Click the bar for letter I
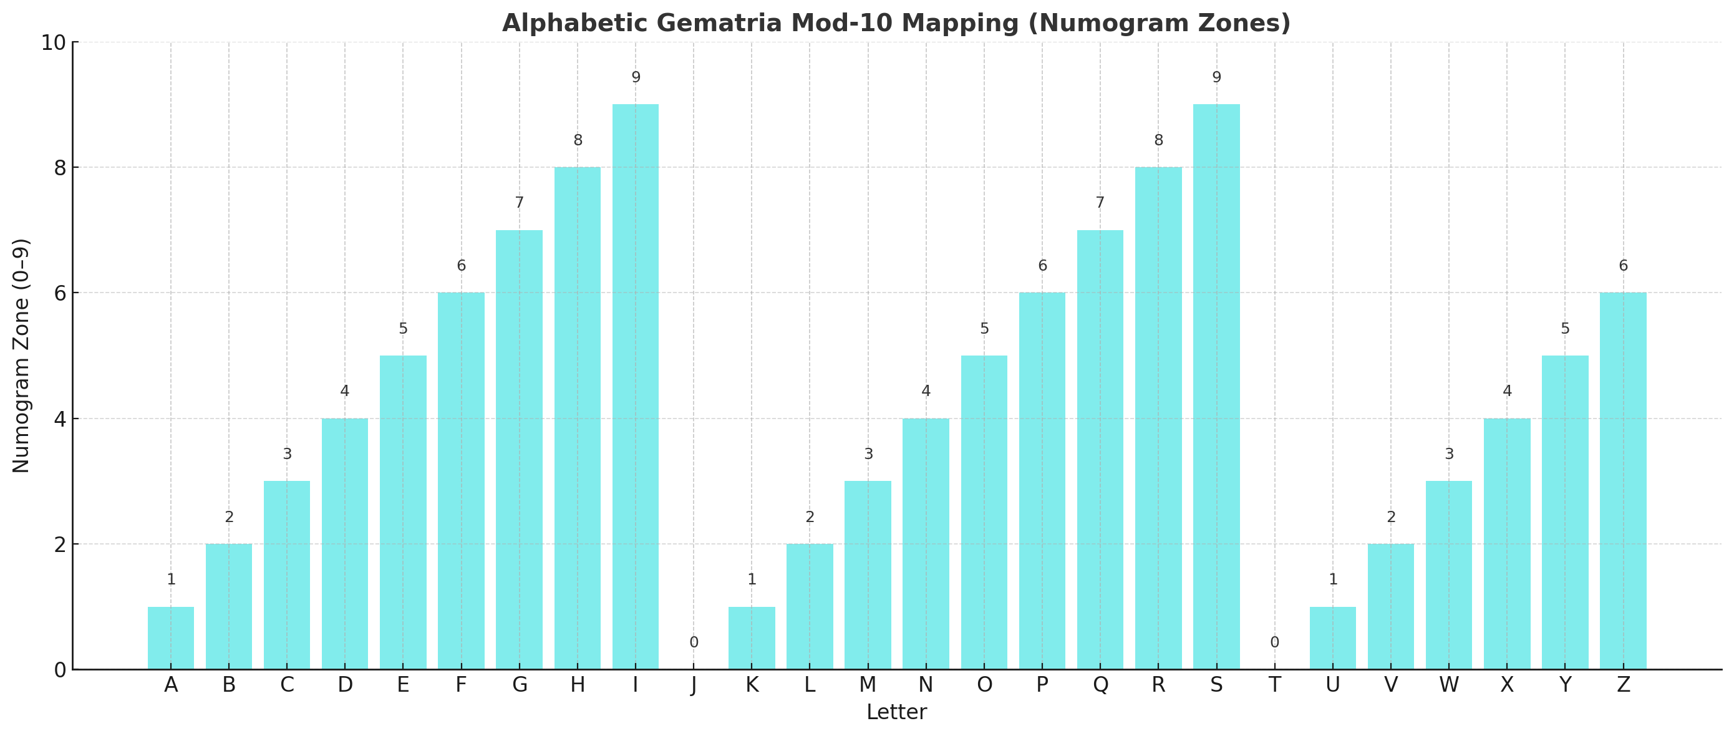coord(635,387)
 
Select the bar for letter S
coord(1216,387)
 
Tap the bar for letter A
coord(171,637)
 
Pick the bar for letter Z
coord(1623,481)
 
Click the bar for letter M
coord(868,575)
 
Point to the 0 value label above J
coord(694,643)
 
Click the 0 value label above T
coord(1274,643)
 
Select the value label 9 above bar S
coord(1216,78)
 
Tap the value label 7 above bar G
coord(519,203)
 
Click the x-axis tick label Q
coord(1100,685)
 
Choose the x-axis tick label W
coord(1448,685)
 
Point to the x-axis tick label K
coord(752,685)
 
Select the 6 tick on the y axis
coord(60,294)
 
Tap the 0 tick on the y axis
coord(60,671)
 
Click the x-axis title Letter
coord(896,712)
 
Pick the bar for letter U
coord(1332,637)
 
